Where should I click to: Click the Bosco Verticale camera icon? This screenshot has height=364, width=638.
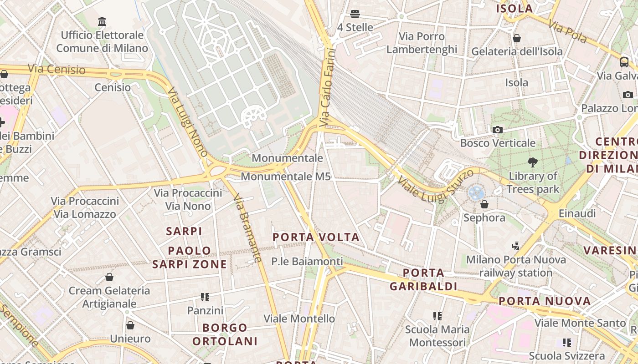498,130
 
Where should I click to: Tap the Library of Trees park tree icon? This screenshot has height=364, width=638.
532,162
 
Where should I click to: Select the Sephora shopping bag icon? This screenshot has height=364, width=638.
484,204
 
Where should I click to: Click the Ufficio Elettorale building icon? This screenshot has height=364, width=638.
102,21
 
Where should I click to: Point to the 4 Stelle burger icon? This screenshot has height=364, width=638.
355,14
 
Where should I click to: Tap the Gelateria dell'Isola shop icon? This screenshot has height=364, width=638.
517,38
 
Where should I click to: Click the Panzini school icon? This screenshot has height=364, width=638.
205,297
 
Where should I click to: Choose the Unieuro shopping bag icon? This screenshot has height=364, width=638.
130,325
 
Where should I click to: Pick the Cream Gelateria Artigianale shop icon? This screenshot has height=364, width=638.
109,277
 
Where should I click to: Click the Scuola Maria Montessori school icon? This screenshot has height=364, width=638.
437,316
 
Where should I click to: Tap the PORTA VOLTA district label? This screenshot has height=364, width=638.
316,237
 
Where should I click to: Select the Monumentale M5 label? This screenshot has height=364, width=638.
286,177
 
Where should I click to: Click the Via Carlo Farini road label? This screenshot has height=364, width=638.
327,87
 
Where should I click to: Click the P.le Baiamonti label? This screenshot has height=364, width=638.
307,261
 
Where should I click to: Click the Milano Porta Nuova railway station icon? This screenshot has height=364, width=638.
515,246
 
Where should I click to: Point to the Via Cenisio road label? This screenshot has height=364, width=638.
57,69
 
